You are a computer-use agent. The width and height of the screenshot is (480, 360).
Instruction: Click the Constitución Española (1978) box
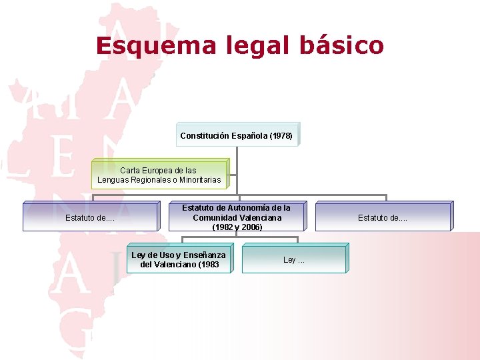(237, 135)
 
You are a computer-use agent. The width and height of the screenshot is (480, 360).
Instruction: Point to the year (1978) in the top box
(281, 136)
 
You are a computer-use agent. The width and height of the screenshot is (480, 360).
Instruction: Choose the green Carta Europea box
(159, 175)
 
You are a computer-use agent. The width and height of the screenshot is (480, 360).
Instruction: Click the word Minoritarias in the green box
(199, 180)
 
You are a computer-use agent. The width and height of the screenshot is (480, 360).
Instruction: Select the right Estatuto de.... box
(383, 217)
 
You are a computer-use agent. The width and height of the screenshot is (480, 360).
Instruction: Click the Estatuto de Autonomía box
(237, 217)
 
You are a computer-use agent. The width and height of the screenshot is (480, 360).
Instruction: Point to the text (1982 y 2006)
(237, 227)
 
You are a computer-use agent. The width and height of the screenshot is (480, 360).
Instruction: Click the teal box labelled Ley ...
(294, 260)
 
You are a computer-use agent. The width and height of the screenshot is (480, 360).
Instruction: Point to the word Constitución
(205, 136)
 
